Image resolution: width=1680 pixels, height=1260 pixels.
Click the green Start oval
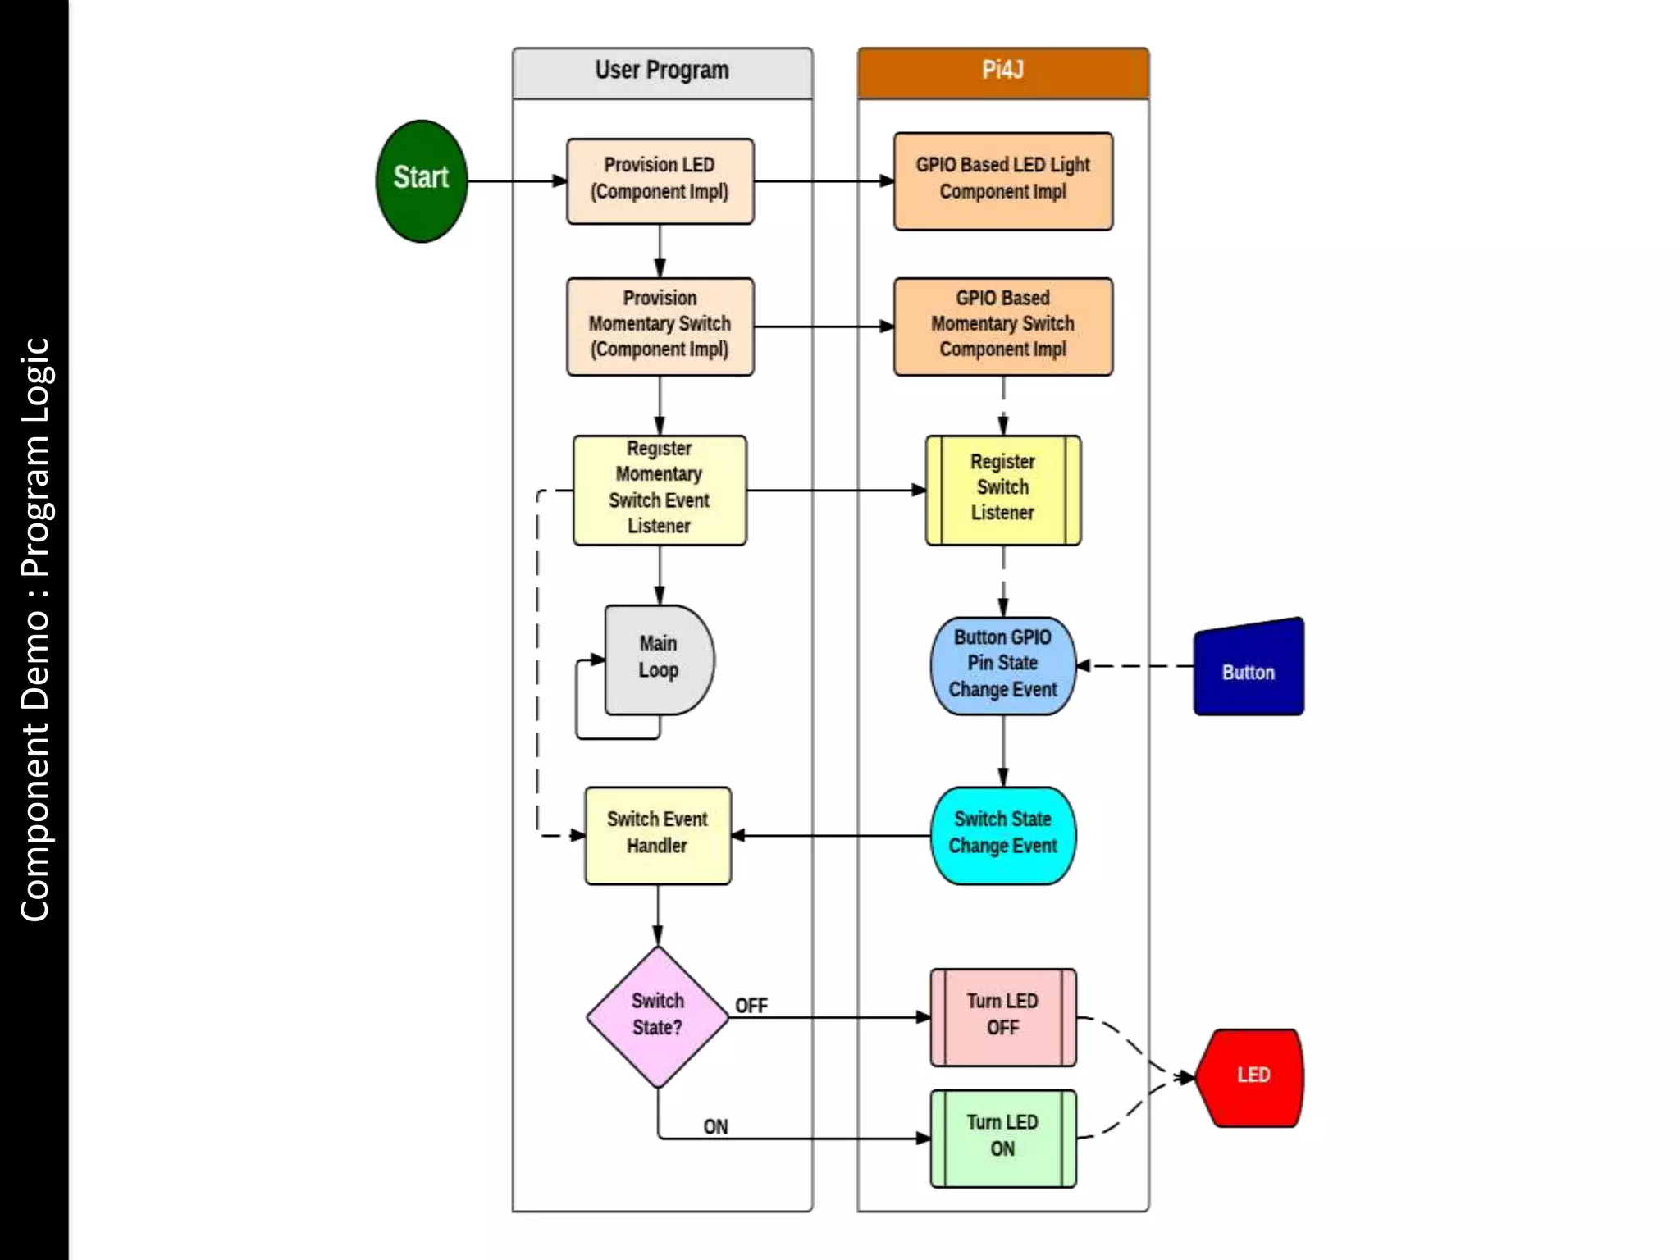(x=421, y=180)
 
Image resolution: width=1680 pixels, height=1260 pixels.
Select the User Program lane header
(x=662, y=72)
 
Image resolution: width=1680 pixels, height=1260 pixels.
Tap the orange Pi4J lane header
(x=1002, y=72)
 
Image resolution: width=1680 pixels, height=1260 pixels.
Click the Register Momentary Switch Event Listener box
(x=660, y=490)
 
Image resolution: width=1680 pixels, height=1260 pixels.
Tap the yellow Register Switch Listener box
(x=1002, y=490)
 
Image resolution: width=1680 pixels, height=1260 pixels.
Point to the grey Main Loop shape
(x=658, y=659)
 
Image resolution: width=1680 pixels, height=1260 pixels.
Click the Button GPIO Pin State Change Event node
(x=1002, y=665)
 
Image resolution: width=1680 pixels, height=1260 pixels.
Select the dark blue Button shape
(x=1248, y=669)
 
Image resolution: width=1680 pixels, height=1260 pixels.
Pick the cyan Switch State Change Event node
(x=1002, y=835)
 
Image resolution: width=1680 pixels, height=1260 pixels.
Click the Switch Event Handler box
(x=657, y=835)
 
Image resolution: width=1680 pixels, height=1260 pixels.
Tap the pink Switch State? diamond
(x=657, y=1016)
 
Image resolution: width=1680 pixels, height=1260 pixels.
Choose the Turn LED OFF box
(x=1002, y=1016)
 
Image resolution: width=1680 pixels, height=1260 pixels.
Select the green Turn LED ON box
(x=1002, y=1138)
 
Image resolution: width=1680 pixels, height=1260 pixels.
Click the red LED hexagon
(x=1250, y=1077)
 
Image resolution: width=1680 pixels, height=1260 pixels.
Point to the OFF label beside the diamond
(x=751, y=1006)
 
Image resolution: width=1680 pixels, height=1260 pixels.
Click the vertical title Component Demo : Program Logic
(x=34, y=630)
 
